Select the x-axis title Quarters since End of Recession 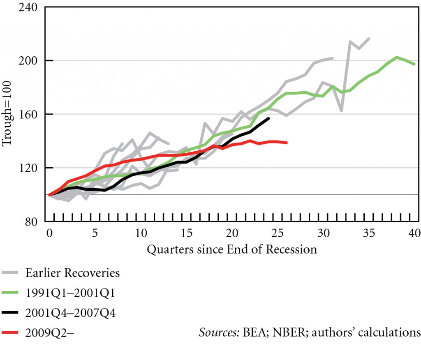tap(232, 249)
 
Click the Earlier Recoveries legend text tap(72, 272)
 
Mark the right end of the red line tap(287, 143)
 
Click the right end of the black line tap(268, 118)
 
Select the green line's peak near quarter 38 tap(396, 57)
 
